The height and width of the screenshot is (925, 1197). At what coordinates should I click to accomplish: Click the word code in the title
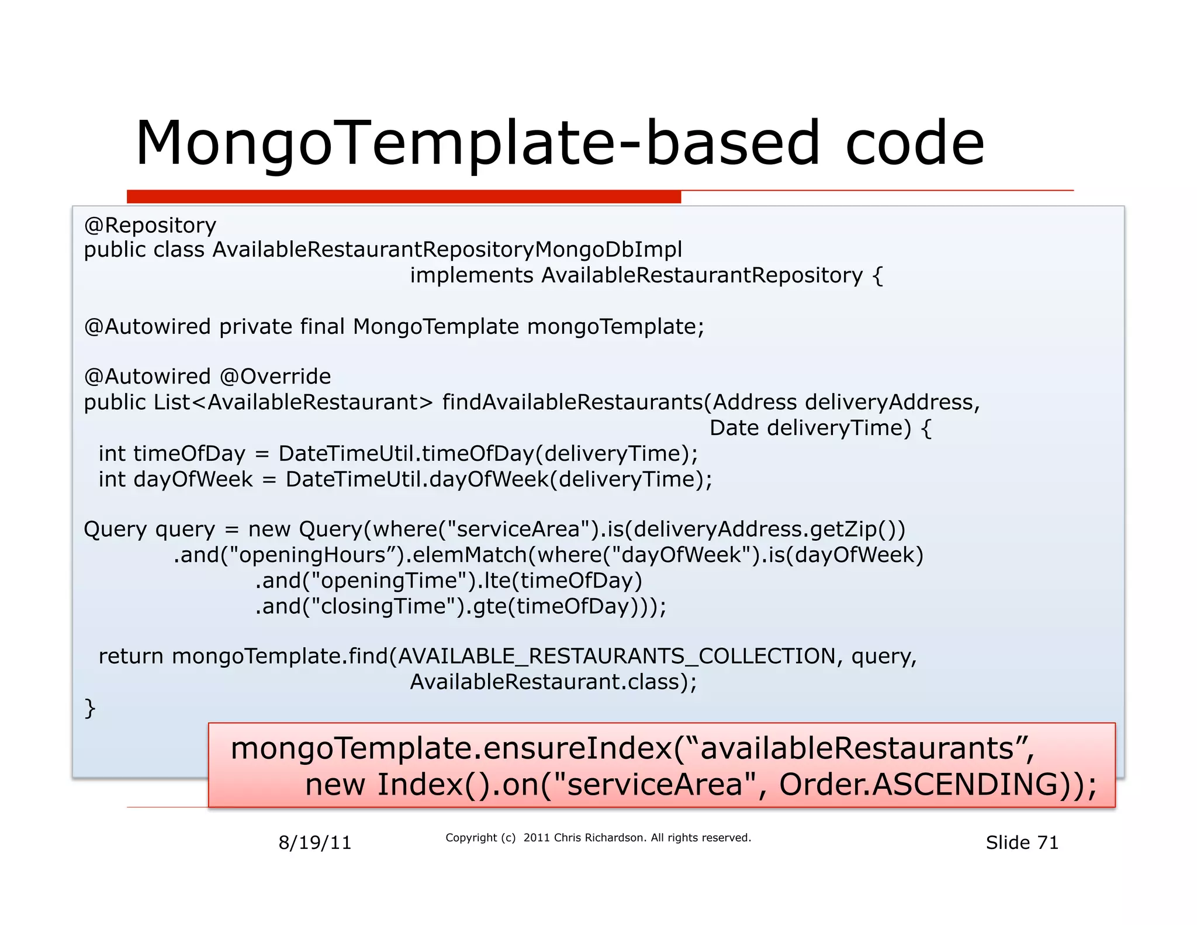point(915,144)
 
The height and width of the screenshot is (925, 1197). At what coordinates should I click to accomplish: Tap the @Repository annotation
point(150,226)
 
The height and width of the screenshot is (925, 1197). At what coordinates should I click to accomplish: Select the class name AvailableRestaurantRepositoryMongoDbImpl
point(447,250)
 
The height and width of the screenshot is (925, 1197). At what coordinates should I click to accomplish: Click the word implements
point(471,275)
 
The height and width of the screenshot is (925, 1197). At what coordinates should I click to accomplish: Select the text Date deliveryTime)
point(810,428)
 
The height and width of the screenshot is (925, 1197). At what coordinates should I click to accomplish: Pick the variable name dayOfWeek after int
point(193,479)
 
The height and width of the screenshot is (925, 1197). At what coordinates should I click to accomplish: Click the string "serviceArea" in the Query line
point(517,530)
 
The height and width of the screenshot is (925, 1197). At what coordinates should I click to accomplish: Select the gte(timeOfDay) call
point(555,606)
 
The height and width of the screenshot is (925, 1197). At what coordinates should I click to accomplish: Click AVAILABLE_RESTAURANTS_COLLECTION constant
point(617,657)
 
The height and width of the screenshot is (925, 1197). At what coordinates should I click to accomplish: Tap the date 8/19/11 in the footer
point(314,843)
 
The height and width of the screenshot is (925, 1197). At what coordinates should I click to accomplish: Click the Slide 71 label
point(1022,843)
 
